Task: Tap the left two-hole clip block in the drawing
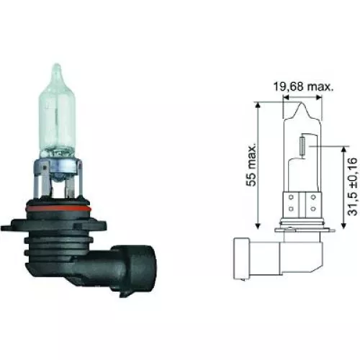pyautogui.click(x=290, y=204)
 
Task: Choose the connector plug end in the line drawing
pyautogui.click(x=243, y=255)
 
